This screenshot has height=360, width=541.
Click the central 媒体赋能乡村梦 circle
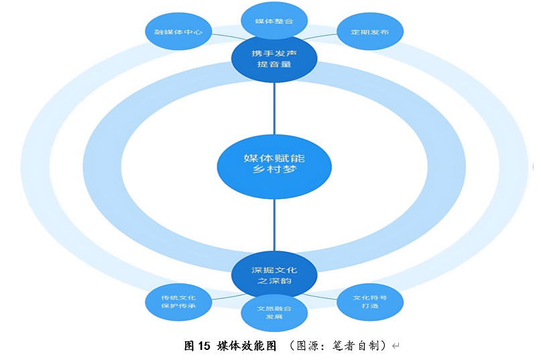pos(274,164)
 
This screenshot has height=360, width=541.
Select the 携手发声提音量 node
pos(274,58)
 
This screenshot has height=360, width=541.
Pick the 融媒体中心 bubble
pos(178,32)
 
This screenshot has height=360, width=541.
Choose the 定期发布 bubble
pos(369,32)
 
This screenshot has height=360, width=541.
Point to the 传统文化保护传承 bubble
pos(178,302)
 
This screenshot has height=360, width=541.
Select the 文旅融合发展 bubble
pos(274,312)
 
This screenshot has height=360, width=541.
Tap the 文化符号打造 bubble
pos(369,301)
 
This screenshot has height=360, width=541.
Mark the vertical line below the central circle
pos(274,225)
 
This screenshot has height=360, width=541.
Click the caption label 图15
pos(197,346)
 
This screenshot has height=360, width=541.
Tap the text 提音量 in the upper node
pos(274,65)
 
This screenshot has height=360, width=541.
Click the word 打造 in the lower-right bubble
pos(369,306)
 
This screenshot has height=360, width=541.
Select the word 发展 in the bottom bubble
pos(274,317)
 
